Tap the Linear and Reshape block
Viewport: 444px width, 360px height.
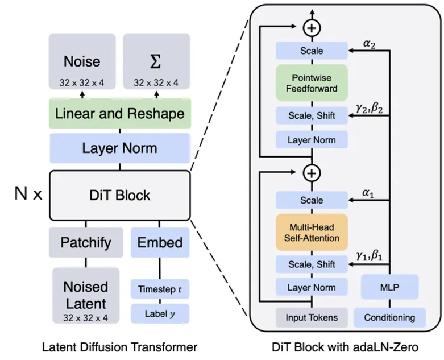pos(119,114)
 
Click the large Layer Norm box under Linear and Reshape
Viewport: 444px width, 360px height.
pos(119,149)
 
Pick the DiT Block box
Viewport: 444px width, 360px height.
pos(119,196)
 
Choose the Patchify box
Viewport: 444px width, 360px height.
pos(85,243)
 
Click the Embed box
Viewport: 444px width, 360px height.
pos(160,243)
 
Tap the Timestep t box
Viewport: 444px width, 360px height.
pos(160,289)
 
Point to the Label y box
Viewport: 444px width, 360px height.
pos(160,313)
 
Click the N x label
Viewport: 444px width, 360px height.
pos(28,195)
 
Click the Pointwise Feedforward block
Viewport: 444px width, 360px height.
pos(312,84)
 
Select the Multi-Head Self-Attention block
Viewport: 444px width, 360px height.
pos(312,233)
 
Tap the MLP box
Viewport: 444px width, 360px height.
pos(390,287)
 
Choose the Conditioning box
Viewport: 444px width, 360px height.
pos(390,317)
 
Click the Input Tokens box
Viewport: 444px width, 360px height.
pos(312,317)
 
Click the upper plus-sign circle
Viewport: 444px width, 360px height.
pos(312,26)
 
